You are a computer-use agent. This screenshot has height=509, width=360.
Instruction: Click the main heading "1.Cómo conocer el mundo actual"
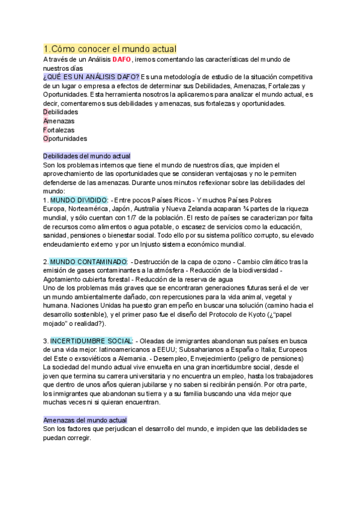(110, 48)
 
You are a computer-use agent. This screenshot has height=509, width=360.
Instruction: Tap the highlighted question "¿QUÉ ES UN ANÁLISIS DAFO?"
(91, 77)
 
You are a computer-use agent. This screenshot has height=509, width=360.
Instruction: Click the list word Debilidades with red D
(61, 112)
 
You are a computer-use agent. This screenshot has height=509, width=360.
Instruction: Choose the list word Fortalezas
(59, 129)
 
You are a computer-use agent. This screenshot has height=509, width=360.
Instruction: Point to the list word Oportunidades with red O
(65, 138)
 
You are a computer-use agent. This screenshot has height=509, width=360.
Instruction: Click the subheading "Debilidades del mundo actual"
(91, 155)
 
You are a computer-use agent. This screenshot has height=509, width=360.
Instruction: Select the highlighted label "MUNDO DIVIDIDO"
(79, 199)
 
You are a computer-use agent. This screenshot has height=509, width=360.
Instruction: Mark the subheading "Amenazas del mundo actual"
(89, 420)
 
